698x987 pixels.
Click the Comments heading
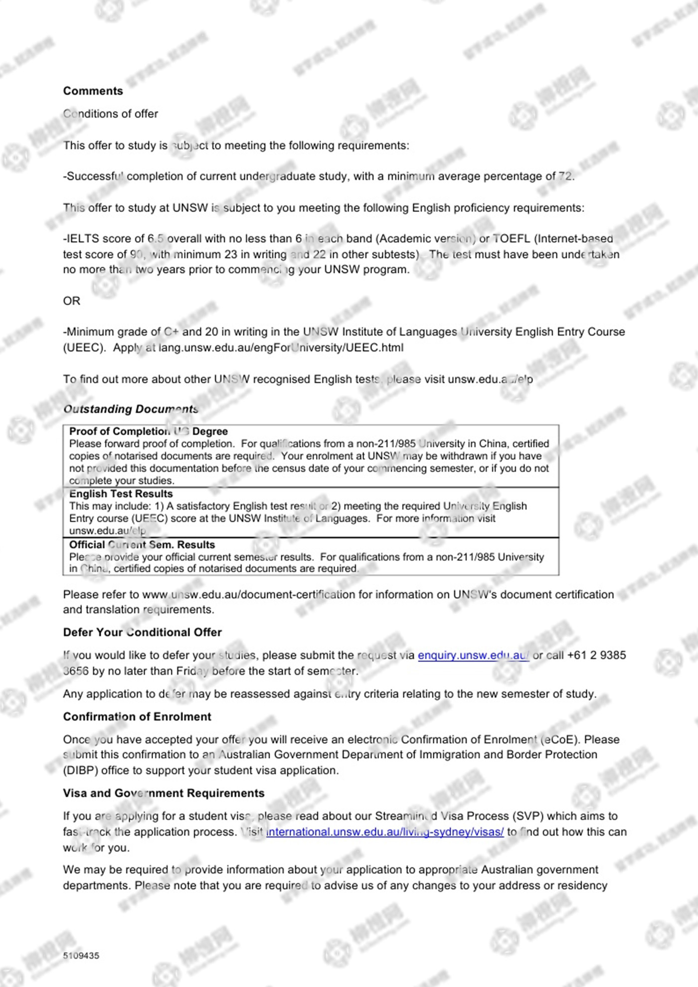pos(93,91)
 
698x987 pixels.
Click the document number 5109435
pos(81,956)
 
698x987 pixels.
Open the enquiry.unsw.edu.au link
pos(473,655)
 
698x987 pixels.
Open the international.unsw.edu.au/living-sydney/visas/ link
pos(385,831)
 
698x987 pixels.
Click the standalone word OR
pos(71,301)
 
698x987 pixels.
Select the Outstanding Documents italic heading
pos(131,409)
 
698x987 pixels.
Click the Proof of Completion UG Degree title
pos(148,431)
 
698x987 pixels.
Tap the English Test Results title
pos(121,493)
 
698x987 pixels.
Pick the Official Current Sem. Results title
pos(142,544)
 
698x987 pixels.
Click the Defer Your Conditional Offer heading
pos(142,632)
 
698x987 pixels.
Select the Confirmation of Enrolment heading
pos(137,716)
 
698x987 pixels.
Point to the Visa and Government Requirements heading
pos(164,793)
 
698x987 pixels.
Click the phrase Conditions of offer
pos(110,114)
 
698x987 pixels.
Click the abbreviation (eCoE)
pos(560,739)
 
